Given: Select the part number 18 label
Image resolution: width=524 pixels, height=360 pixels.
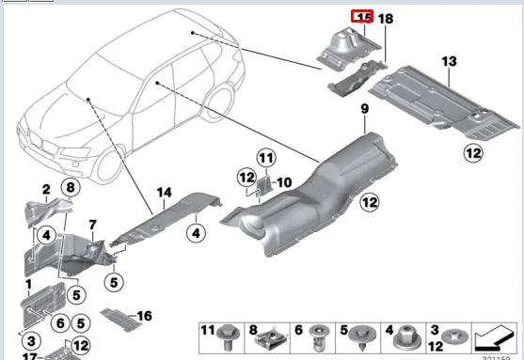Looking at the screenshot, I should point(387,18).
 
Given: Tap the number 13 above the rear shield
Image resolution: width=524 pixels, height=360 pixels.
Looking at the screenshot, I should point(449,61).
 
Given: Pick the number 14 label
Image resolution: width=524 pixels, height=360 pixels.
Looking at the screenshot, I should point(164,193).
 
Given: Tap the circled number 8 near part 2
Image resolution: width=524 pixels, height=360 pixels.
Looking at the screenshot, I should point(69,188).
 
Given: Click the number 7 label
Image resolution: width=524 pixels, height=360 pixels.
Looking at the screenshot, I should point(92,224).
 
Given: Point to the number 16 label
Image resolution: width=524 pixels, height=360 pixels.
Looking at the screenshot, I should point(144,315).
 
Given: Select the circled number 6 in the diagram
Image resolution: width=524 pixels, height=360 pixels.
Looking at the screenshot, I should point(59,323).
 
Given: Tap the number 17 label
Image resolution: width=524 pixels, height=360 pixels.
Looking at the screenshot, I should point(29,357).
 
